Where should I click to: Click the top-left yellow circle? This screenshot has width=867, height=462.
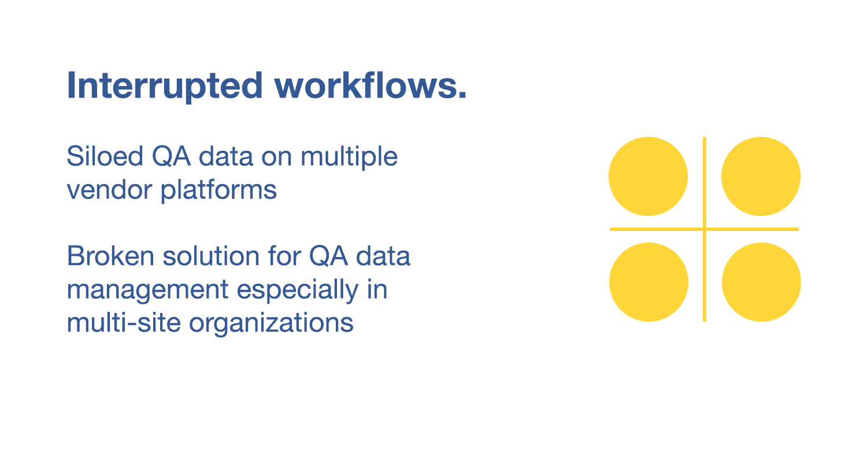648,176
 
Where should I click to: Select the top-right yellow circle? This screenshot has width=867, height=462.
761,176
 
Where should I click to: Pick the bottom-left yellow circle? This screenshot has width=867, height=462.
649,282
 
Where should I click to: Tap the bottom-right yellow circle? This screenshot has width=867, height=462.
761,282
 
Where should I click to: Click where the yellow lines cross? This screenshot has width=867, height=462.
705,229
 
